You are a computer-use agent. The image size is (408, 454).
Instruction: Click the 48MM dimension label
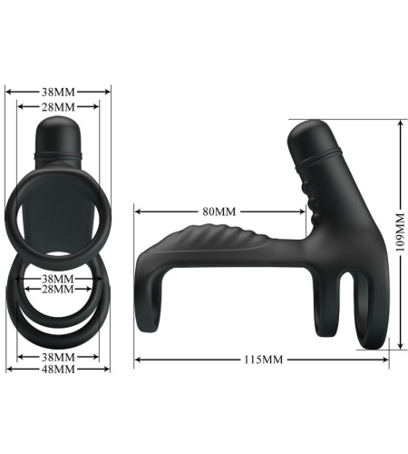58,369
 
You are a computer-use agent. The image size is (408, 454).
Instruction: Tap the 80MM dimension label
219,212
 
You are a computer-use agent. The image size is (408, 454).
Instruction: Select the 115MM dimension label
264,360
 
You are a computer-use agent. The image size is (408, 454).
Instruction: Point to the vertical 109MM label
400,232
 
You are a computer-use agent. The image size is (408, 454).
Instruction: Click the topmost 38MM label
58,92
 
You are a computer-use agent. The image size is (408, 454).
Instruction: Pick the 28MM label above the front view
58,107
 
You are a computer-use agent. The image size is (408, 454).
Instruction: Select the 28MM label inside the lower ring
58,289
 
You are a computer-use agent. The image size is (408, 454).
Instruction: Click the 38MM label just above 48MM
58,357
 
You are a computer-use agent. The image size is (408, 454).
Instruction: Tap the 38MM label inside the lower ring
58,279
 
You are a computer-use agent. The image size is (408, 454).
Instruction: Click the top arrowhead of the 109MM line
401,123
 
